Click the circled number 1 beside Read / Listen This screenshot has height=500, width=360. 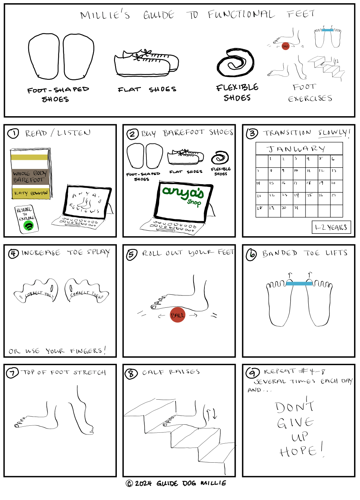point(13,133)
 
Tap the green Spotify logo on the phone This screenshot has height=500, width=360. point(29,226)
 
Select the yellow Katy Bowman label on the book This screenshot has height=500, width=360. point(31,193)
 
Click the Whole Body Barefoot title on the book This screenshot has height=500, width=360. point(30,177)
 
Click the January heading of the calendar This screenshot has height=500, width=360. point(296,149)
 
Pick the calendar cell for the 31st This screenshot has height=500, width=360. point(299,211)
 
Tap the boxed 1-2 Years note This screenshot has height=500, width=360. point(331,227)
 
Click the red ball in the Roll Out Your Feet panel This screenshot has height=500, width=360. point(178,315)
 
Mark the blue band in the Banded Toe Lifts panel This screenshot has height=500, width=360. point(299,283)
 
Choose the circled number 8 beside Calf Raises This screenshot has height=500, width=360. point(131,374)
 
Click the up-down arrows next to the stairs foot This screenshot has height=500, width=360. point(211,413)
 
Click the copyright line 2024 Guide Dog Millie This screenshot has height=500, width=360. point(176,483)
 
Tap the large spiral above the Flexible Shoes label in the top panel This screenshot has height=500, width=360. point(235,63)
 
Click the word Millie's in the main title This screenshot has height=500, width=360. point(105,15)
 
